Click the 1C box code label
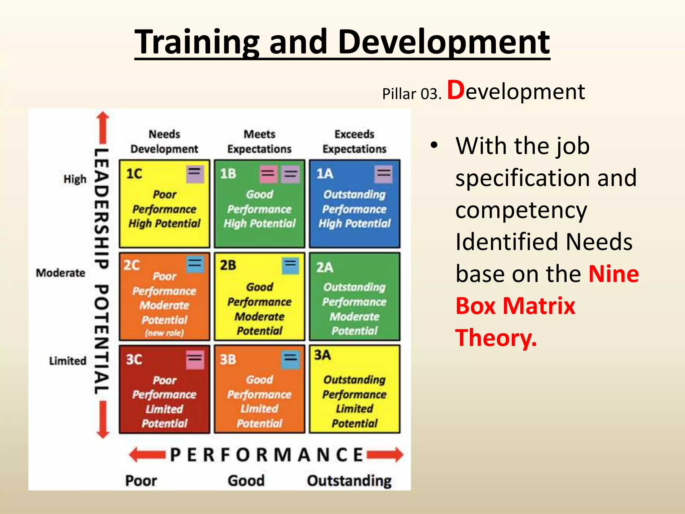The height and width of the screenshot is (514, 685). [x=134, y=174]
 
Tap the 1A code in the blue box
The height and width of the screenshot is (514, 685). [x=324, y=174]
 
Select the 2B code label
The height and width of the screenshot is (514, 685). [x=228, y=265]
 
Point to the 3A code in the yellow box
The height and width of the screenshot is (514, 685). [x=322, y=355]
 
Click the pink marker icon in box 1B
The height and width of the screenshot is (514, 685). [x=268, y=174]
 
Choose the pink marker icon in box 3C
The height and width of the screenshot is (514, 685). [x=195, y=360]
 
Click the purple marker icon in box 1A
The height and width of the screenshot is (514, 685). [x=383, y=174]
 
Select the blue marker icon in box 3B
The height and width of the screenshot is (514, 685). [x=290, y=360]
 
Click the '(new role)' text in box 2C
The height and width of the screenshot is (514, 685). [x=164, y=333]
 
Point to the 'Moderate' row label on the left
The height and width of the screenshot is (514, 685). [x=61, y=273]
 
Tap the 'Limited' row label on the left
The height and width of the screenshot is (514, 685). [x=68, y=361]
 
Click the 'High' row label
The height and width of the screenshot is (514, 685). [x=75, y=179]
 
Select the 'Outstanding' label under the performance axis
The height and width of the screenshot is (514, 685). [x=349, y=481]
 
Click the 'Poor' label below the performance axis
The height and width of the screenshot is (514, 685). [x=141, y=481]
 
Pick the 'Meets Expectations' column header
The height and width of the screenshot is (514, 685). [x=259, y=142]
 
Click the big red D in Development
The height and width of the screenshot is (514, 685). [x=456, y=90]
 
